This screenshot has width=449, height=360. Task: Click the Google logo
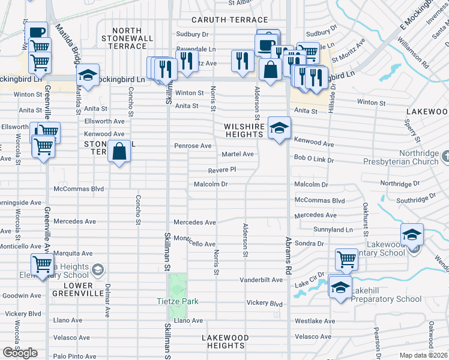(20, 353)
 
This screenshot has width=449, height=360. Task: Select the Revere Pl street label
(221, 170)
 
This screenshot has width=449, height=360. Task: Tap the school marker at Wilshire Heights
(279, 128)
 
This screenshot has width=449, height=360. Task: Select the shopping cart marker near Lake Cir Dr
(346, 259)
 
